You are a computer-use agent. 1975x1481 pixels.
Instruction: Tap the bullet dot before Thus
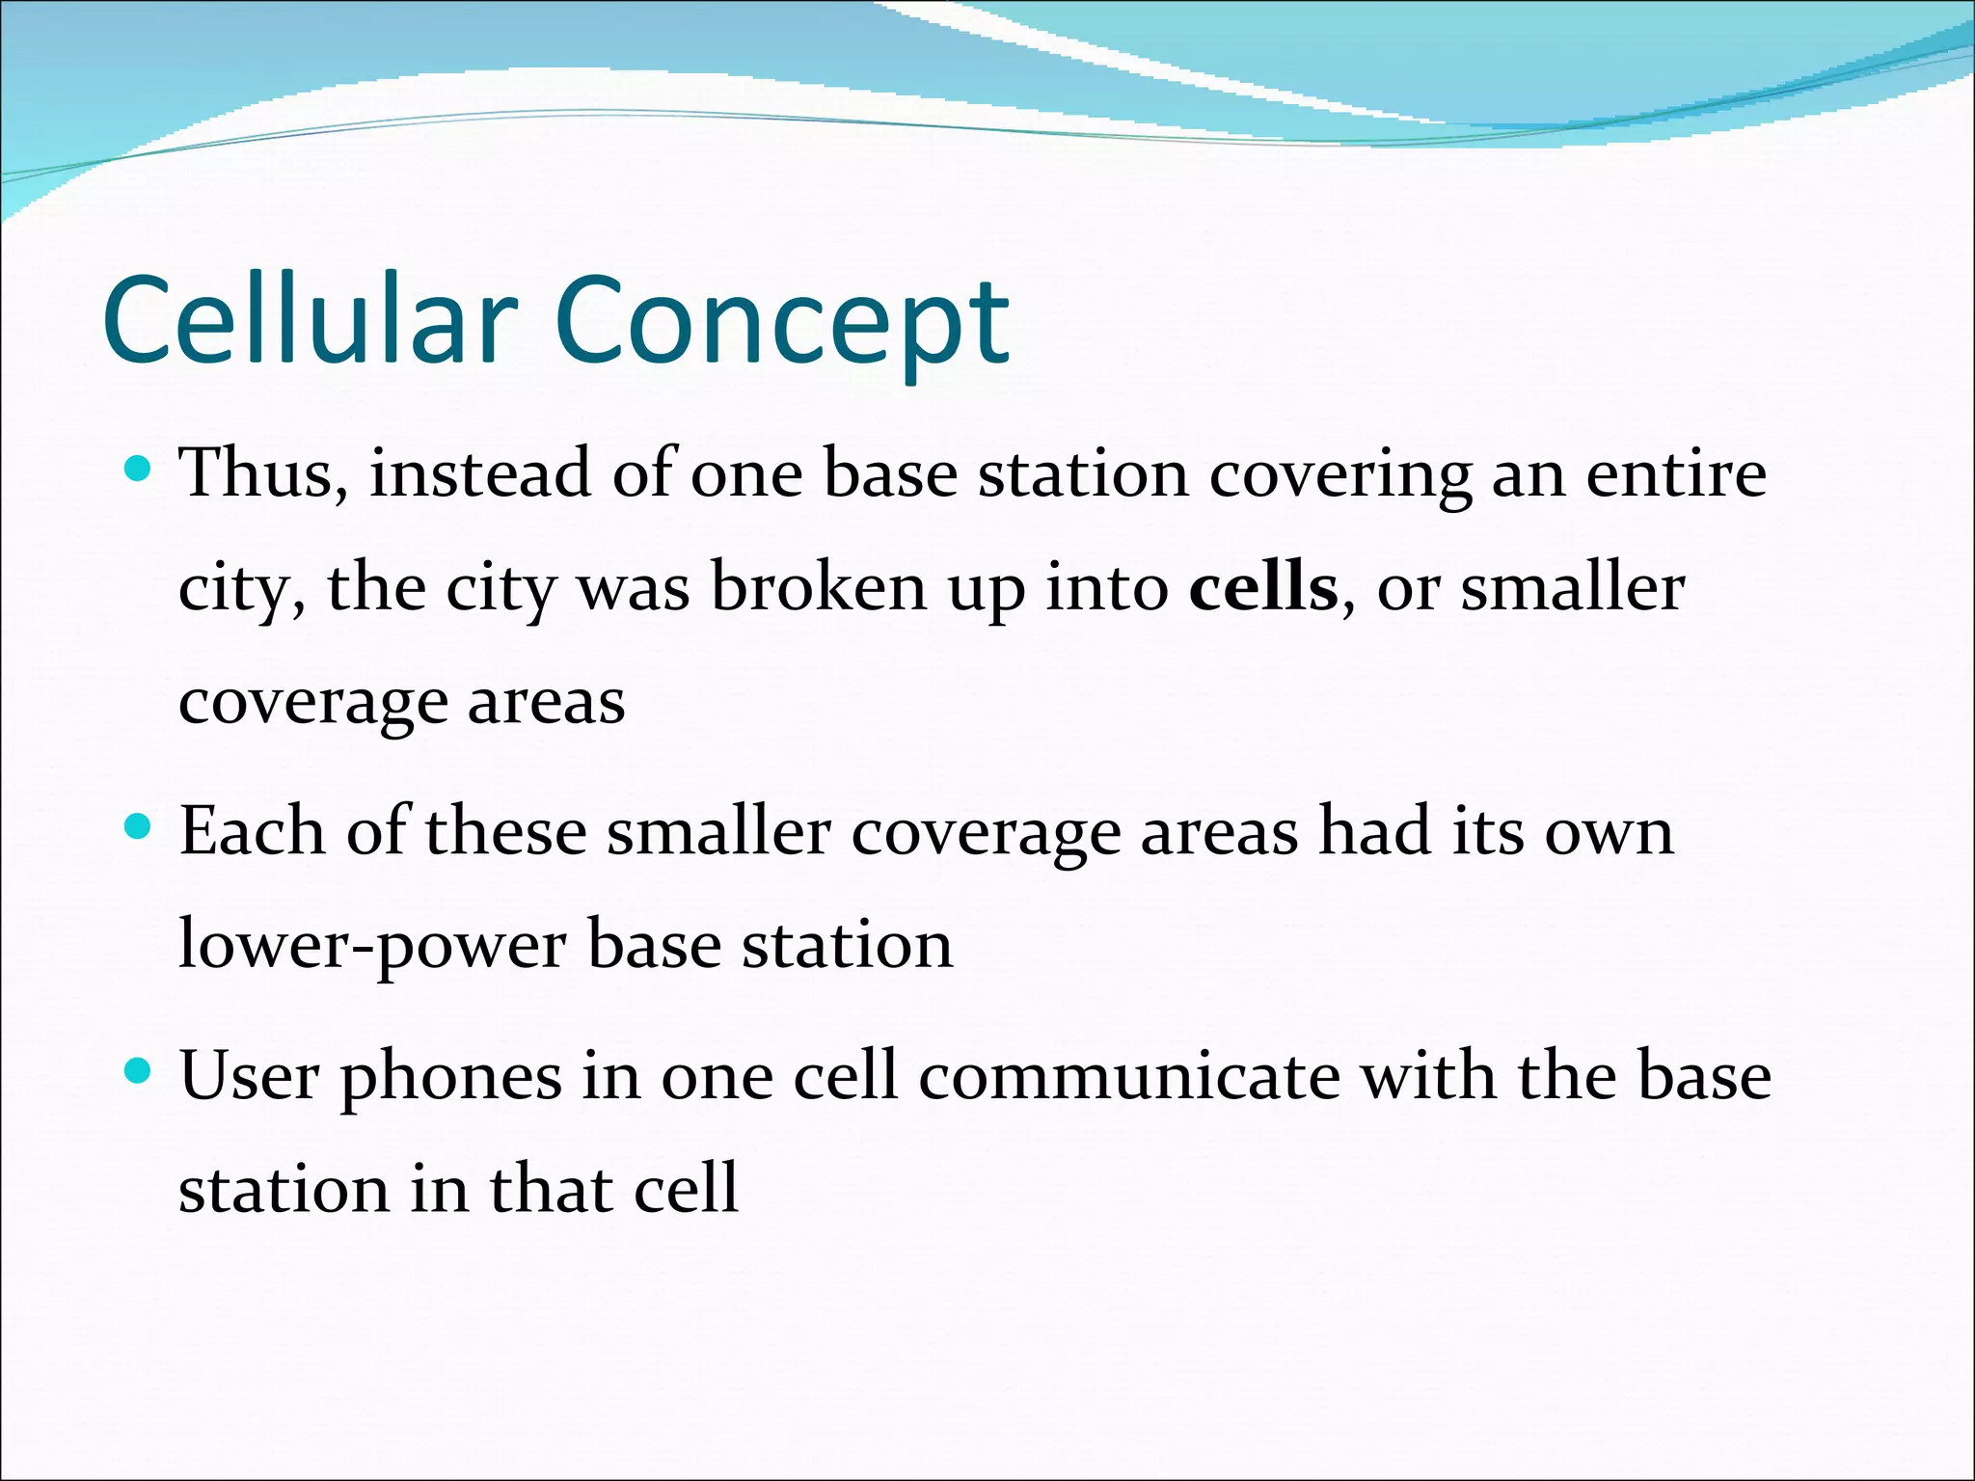(x=139, y=470)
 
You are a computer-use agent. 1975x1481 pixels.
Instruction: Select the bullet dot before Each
(x=139, y=827)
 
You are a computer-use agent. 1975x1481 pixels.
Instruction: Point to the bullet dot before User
(x=139, y=1071)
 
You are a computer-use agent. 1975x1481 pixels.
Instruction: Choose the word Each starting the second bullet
(x=252, y=831)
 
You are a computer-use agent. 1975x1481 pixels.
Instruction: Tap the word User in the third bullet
(x=249, y=1076)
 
